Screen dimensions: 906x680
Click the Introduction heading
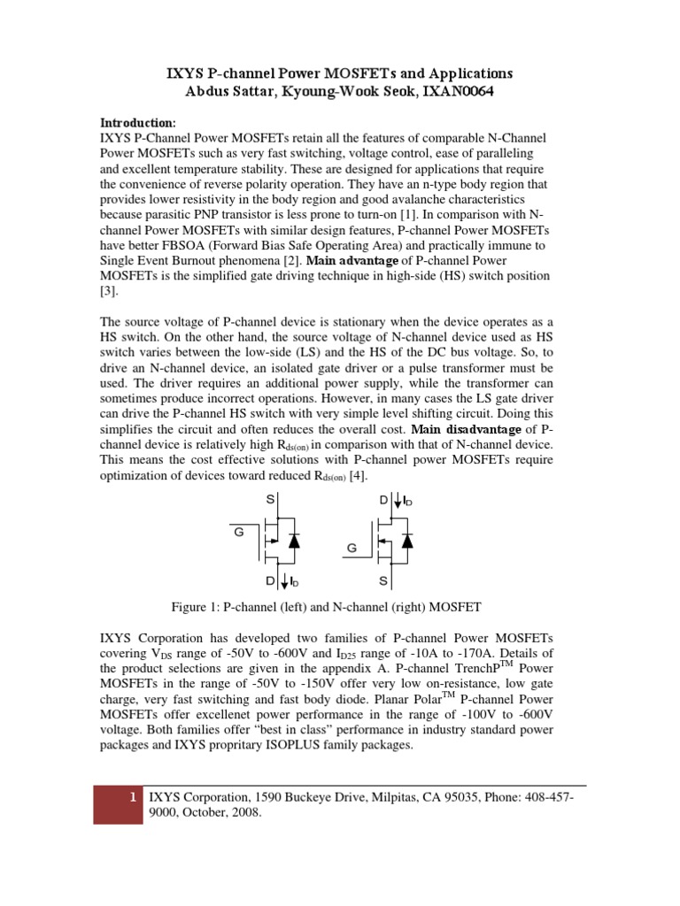[x=137, y=122]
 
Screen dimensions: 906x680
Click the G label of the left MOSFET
[x=238, y=534]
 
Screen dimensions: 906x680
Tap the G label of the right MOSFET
[x=352, y=549]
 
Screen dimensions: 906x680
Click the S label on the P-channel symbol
[x=269, y=501]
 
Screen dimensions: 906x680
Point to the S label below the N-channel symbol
[x=382, y=582]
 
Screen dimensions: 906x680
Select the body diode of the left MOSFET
[x=294, y=541]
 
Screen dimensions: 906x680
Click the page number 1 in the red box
[x=132, y=797]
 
